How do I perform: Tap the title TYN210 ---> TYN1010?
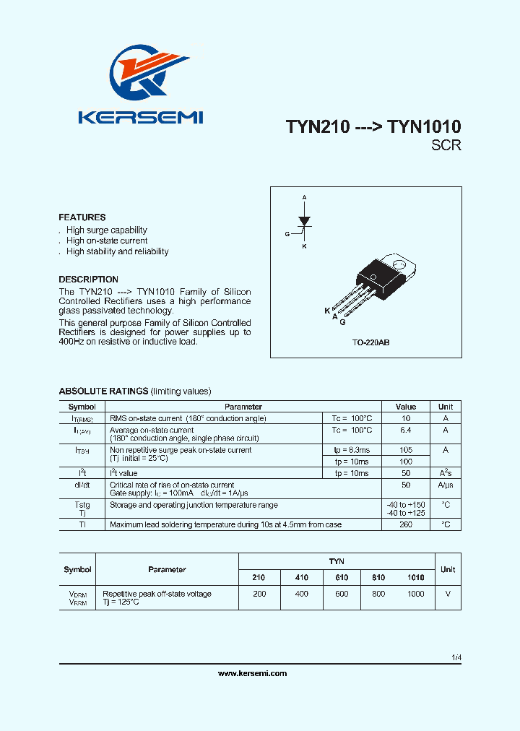tap(373, 126)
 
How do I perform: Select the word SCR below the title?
tap(446, 145)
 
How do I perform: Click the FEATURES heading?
tap(82, 217)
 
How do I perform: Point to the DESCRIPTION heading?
tap(88, 280)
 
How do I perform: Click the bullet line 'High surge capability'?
tap(106, 230)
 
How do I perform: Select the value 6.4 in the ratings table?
tap(406, 431)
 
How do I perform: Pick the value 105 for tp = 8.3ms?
tap(406, 450)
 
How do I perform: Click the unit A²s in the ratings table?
tap(446, 473)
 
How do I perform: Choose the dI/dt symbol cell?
tap(82, 485)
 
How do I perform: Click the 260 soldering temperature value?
tap(406, 524)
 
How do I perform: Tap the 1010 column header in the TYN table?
tap(416, 578)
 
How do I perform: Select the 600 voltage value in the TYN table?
tap(342, 594)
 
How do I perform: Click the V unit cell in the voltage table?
tap(448, 594)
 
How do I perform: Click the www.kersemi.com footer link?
tap(252, 673)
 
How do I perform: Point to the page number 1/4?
tap(455, 658)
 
